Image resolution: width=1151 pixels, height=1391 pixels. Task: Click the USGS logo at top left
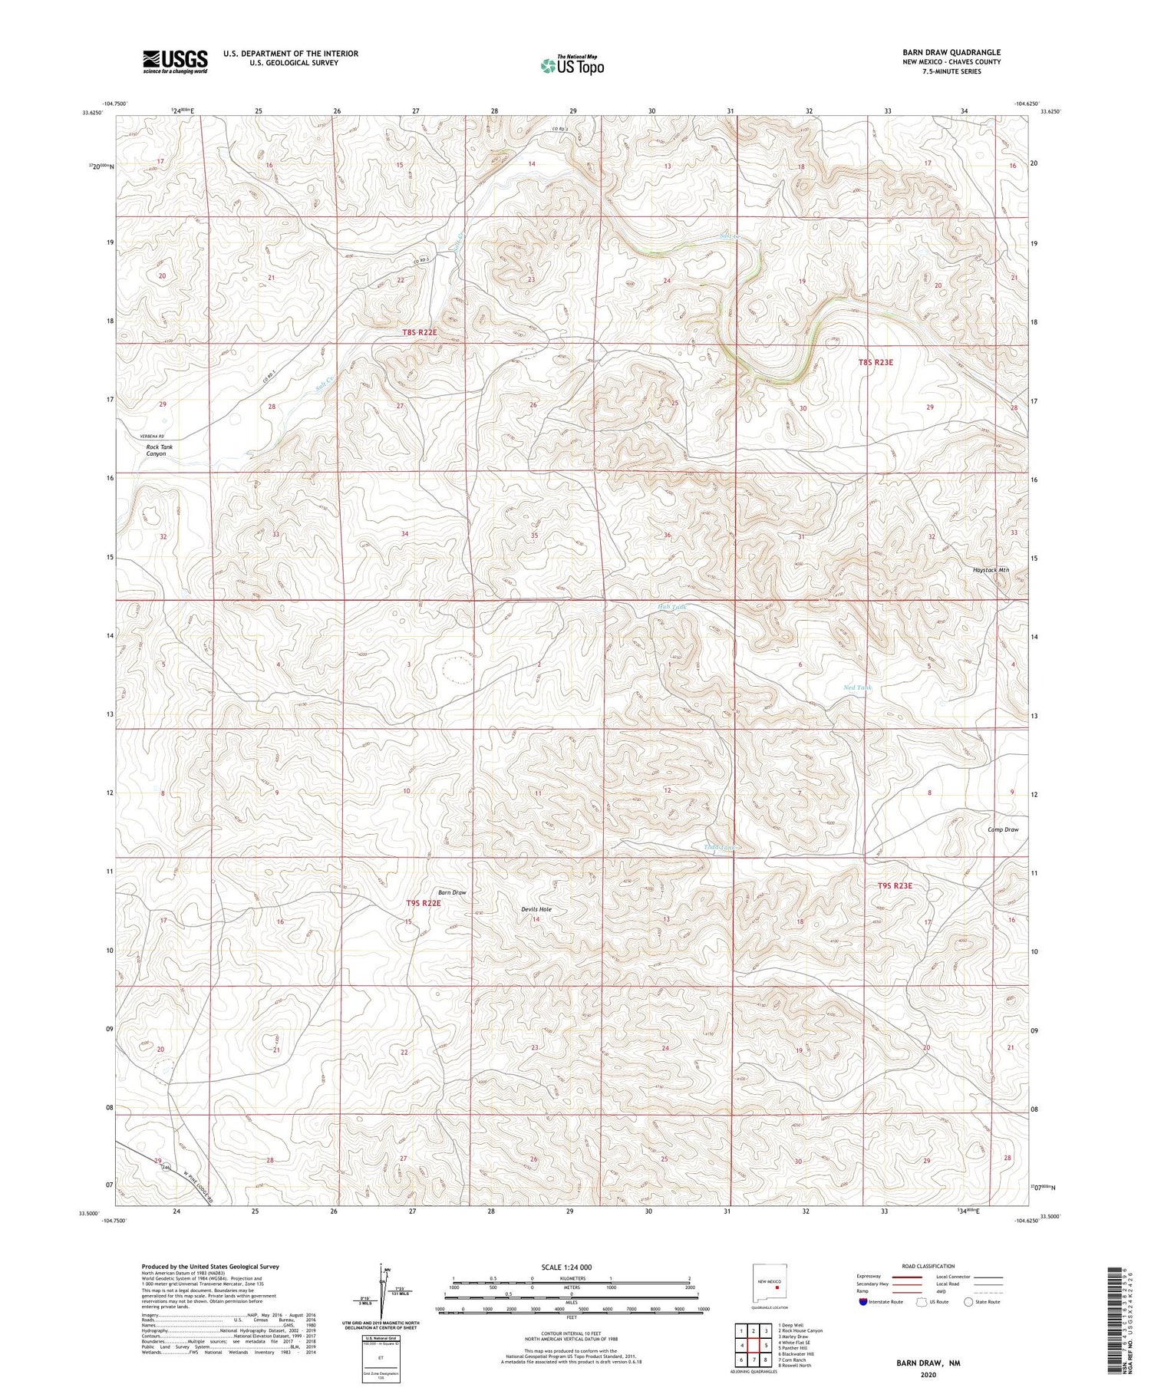(x=174, y=61)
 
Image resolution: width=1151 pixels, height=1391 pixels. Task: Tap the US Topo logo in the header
(x=572, y=65)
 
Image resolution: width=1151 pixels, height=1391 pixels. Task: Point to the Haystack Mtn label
(x=991, y=570)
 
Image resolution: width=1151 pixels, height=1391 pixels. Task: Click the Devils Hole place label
(x=536, y=909)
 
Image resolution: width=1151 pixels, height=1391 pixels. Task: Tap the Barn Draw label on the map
(x=452, y=892)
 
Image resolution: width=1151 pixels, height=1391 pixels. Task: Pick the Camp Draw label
(x=1003, y=829)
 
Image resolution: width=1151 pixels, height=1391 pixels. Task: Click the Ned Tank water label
(x=857, y=687)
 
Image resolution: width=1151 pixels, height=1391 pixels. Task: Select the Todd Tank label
(x=721, y=848)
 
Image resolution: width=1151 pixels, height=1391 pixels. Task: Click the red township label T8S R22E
(x=420, y=332)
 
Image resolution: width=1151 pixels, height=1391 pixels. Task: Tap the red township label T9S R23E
(x=895, y=885)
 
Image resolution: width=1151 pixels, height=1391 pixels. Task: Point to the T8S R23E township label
(x=876, y=361)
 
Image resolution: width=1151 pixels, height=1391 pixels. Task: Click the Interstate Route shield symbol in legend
(x=863, y=1301)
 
